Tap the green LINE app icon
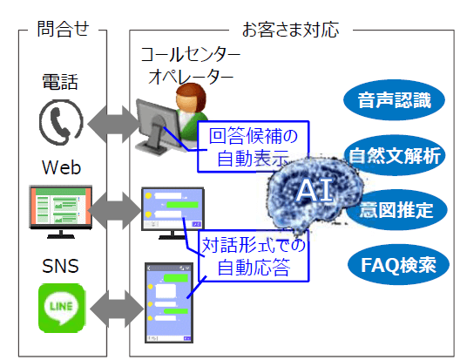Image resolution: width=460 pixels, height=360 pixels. (x=61, y=309)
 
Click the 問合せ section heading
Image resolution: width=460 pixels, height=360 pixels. (x=62, y=28)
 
